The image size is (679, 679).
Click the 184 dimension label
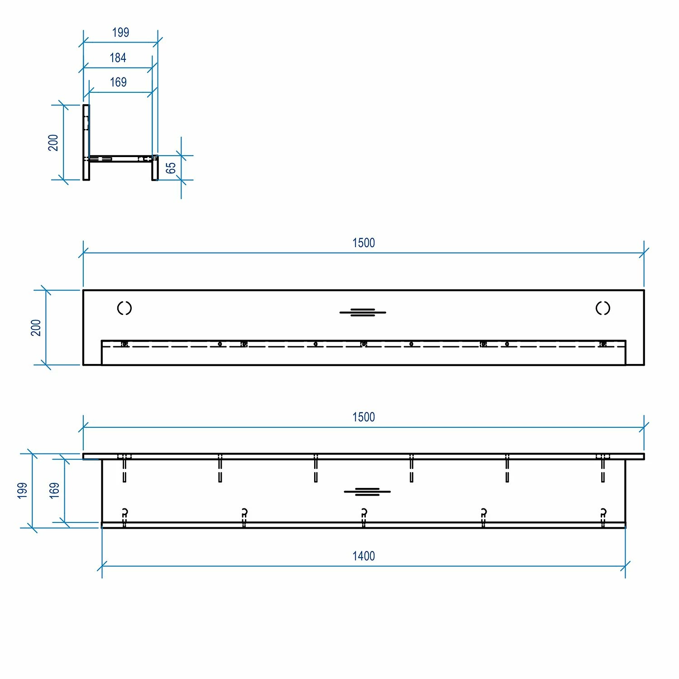click(x=118, y=58)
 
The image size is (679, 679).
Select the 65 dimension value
click(x=171, y=168)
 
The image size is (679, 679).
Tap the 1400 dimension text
click(x=363, y=556)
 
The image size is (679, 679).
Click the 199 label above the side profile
click(x=120, y=33)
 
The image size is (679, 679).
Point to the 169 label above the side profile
click(x=118, y=82)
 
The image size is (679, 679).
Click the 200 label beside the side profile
click(x=53, y=143)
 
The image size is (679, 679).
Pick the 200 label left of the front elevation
click(x=36, y=328)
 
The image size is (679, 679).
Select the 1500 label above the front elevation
click(x=363, y=243)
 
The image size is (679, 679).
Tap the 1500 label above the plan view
click(x=363, y=417)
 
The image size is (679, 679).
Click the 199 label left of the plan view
click(x=22, y=491)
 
